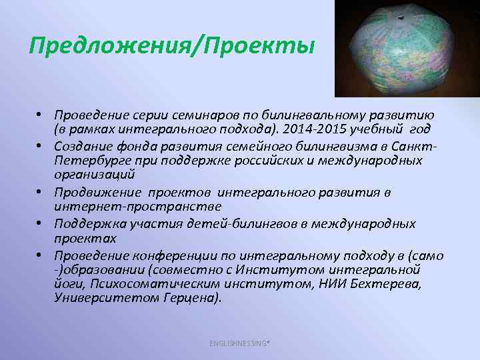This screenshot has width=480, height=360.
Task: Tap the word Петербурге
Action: [x=91, y=160]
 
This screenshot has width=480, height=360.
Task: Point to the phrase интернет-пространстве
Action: [x=120, y=205]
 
